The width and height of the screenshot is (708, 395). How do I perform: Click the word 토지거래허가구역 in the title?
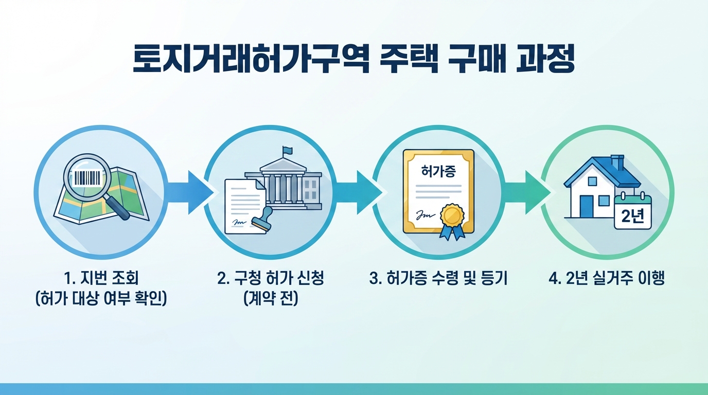coord(251,60)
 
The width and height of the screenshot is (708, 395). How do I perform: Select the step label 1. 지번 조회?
coord(102,279)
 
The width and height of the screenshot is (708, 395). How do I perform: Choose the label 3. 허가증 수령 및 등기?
coord(438,279)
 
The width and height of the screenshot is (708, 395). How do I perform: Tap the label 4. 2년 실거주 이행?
coord(607,279)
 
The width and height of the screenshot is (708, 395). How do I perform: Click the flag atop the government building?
coord(287,151)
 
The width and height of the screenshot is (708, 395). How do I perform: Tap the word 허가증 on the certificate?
coord(438,171)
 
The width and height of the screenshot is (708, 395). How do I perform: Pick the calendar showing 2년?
coord(632,212)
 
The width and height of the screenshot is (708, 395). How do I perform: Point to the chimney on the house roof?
coord(617,162)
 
